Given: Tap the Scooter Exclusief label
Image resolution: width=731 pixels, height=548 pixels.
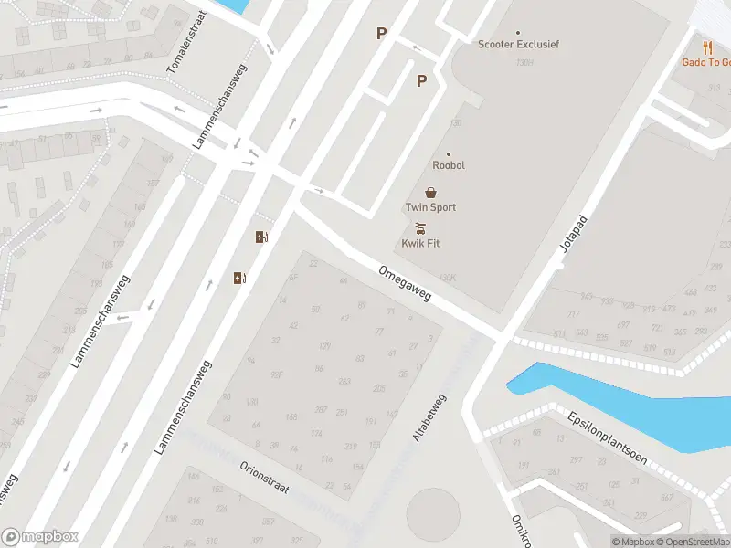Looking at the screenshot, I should click(518, 44).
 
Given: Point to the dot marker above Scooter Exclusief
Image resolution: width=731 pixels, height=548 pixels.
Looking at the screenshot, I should click(518, 32).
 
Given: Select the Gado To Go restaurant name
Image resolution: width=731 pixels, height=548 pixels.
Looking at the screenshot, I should click(707, 62).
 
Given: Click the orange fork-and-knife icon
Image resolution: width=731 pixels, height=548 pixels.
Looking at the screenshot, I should click(707, 47).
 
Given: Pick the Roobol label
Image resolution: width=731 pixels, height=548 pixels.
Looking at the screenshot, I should click(449, 166).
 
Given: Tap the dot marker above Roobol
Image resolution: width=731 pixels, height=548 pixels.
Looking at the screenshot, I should click(449, 154).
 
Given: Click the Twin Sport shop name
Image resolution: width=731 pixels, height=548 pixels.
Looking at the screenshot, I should click(430, 207).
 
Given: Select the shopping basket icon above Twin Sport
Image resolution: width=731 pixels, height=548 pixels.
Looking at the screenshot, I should click(430, 193).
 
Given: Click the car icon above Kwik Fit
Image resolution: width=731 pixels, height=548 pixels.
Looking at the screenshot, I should click(420, 227).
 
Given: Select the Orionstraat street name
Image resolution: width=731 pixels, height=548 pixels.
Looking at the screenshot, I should click(264, 476).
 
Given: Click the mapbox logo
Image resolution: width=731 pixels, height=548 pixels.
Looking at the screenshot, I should click(40, 537).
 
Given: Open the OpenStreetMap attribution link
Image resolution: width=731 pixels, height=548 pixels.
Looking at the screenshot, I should click(693, 542).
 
